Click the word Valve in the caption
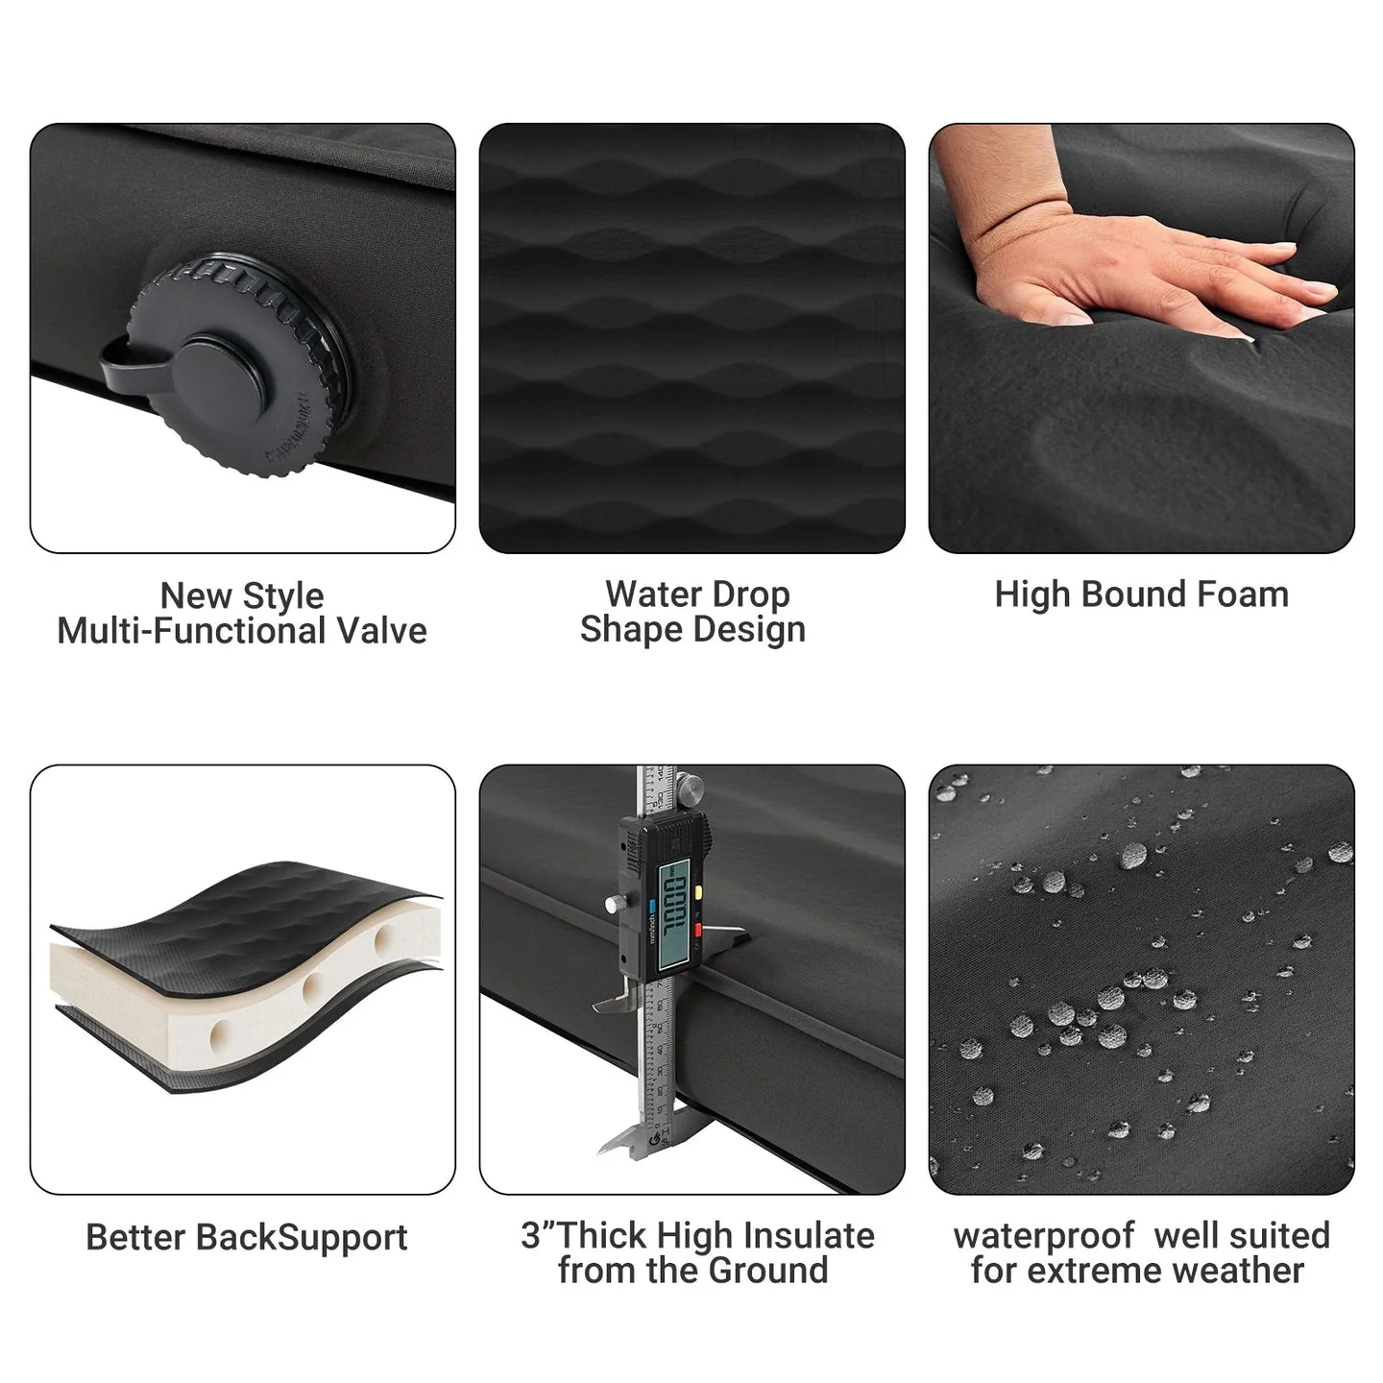coord(381,631)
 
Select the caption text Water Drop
coord(696,594)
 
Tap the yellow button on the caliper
coord(698,891)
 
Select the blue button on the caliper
coord(651,904)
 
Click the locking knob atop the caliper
coord(689,789)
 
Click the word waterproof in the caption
coord(1043,1235)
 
